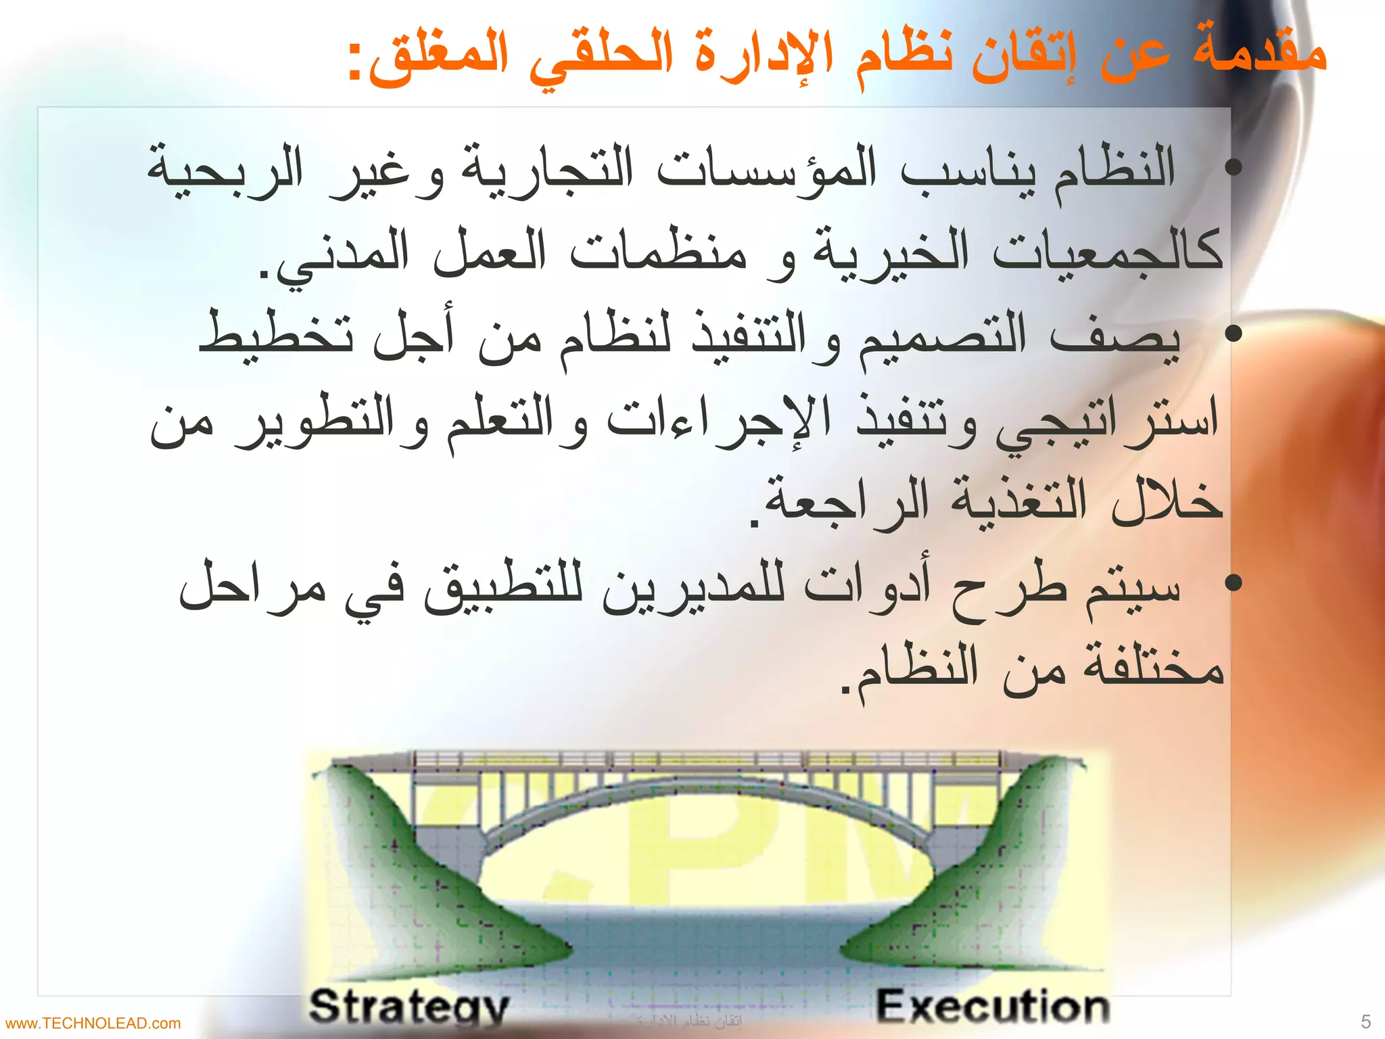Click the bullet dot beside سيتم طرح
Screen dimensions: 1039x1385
click(x=1234, y=582)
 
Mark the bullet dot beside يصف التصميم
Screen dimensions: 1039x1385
click(x=1234, y=333)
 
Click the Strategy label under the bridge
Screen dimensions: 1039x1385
click(x=408, y=1007)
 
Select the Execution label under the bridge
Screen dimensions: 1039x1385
click(x=993, y=1006)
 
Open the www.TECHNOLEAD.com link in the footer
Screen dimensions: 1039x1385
click(x=93, y=1023)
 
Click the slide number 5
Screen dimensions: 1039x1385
click(x=1365, y=1021)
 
